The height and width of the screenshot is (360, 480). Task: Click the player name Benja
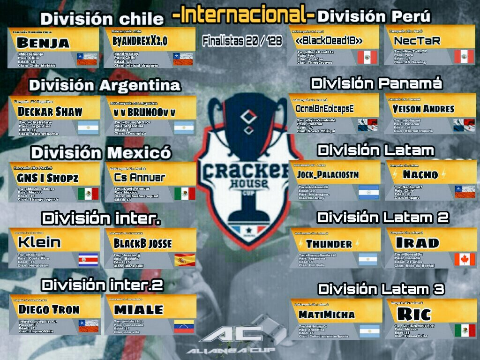(43, 43)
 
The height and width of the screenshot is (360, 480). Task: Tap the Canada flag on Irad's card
(464, 259)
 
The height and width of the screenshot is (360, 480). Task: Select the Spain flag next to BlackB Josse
(185, 260)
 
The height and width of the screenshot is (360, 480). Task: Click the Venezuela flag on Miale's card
(184, 326)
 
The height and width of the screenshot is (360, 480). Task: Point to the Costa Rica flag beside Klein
(89, 259)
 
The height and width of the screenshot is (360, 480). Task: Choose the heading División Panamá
(376, 84)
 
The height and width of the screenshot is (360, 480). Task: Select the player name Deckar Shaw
(50, 112)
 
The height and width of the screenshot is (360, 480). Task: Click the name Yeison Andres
(424, 109)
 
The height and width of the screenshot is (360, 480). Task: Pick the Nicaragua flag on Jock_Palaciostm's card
(368, 192)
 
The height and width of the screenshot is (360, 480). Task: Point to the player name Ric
(413, 314)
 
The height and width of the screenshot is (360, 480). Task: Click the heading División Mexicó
(101, 153)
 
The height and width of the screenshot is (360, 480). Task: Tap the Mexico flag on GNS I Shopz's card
(88, 193)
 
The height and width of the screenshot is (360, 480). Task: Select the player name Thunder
(329, 244)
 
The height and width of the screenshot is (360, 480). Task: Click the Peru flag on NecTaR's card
(464, 56)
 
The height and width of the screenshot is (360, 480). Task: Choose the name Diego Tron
(49, 310)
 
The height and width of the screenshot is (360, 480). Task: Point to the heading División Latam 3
(381, 289)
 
